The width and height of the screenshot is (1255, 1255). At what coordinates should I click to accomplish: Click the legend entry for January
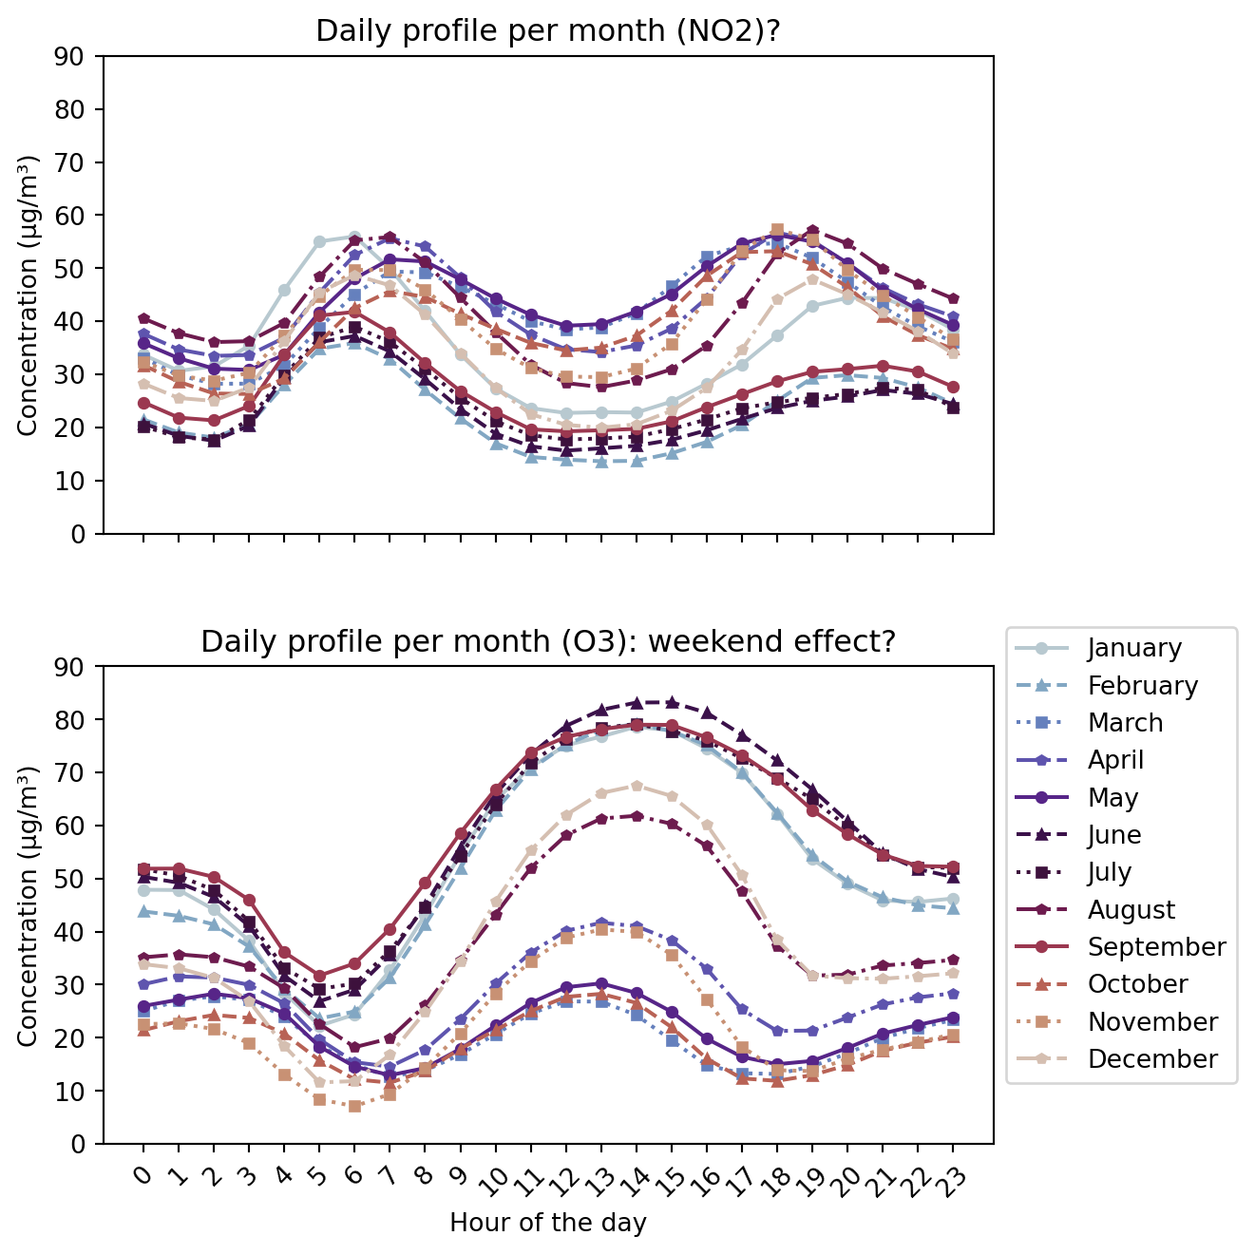[x=1134, y=648]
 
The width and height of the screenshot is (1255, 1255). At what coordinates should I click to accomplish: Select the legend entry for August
[x=1131, y=910]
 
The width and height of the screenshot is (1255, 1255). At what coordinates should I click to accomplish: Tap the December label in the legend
[x=1152, y=1059]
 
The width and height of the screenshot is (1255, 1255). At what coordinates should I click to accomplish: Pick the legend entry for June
[x=1114, y=835]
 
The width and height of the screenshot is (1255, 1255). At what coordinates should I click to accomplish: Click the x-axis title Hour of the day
[x=548, y=1223]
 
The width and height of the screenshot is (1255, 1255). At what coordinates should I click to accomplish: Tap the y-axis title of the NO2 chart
[x=28, y=295]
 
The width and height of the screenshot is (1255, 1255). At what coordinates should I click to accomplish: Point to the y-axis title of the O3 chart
[x=28, y=906]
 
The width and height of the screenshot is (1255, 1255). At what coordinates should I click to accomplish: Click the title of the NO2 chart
[x=548, y=31]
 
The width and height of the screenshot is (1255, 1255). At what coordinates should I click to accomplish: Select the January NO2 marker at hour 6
[x=354, y=237]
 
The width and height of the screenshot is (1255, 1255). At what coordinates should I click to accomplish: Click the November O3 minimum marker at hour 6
[x=354, y=1106]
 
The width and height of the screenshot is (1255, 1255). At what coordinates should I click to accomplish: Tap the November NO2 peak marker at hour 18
[x=777, y=230]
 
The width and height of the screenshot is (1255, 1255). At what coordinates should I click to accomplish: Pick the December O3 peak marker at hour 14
[x=637, y=786]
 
